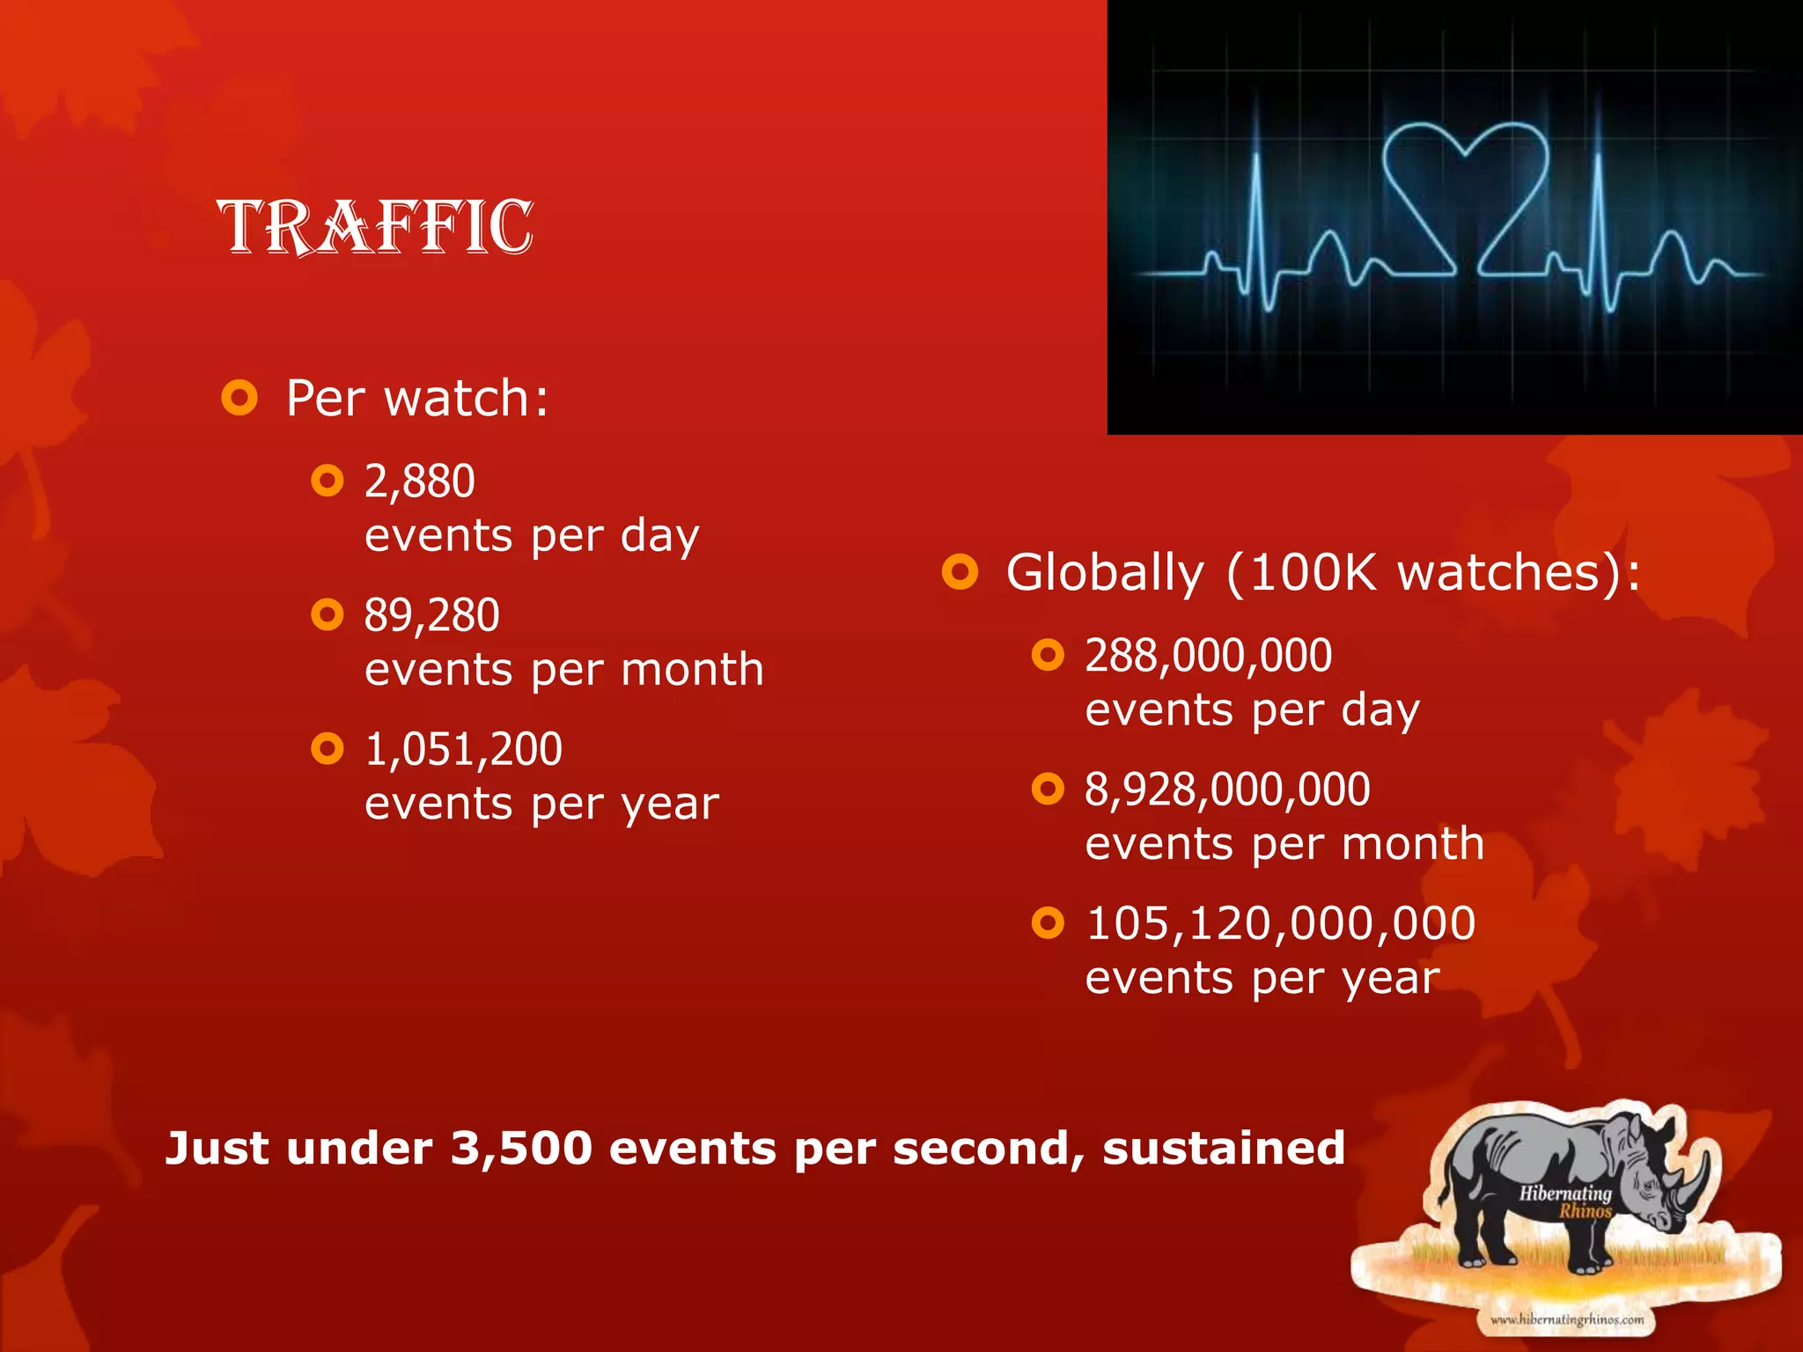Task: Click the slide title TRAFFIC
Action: (376, 227)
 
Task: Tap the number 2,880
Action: (420, 481)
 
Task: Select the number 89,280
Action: (431, 615)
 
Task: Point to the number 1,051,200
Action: (463, 749)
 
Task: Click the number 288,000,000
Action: (1208, 656)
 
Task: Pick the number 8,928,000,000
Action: (1227, 790)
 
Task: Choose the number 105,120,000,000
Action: (1280, 923)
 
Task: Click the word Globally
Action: (1104, 573)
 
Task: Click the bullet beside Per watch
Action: (239, 398)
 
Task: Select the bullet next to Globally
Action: (960, 572)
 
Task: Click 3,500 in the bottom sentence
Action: (521, 1149)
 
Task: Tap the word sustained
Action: (1224, 1149)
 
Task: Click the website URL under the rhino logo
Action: (1567, 1319)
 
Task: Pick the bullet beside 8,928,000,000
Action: (1048, 789)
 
